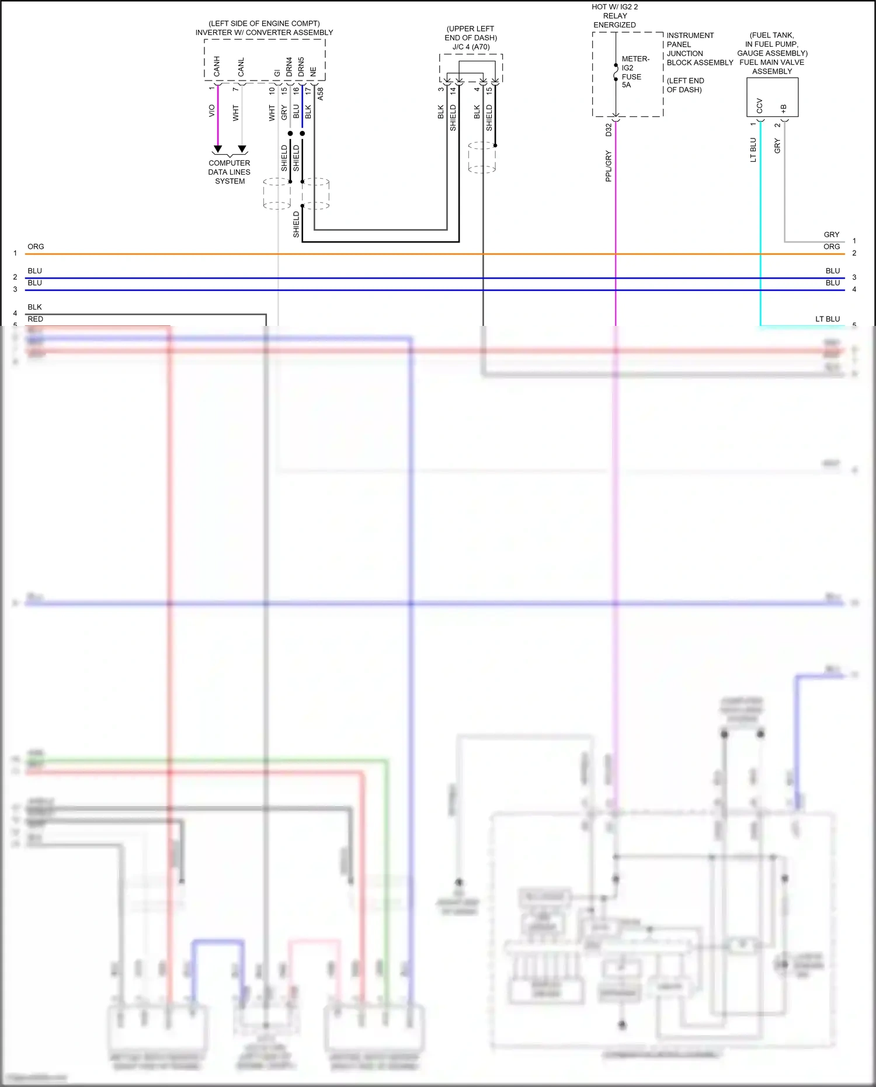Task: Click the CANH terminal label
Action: coord(217,67)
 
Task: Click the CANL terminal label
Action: coord(241,67)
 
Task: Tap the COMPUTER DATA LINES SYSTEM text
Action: coord(230,172)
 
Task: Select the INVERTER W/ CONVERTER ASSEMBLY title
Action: coord(264,33)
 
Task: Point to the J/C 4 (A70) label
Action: coord(471,47)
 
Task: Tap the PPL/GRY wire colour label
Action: coord(608,166)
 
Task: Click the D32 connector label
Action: coord(608,130)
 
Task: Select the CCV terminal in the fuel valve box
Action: coord(759,106)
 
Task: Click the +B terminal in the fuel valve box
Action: coord(783,109)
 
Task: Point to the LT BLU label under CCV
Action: coord(753,150)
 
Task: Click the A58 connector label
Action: coord(320,94)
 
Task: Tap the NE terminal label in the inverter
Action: coord(313,71)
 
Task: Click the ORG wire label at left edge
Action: coord(36,246)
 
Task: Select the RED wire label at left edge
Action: coord(35,319)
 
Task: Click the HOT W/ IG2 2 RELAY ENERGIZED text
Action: coord(614,16)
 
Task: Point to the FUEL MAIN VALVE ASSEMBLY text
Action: coord(771,67)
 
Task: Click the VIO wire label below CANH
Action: coord(211,110)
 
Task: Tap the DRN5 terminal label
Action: coord(301,67)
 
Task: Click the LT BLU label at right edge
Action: coord(827,319)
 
